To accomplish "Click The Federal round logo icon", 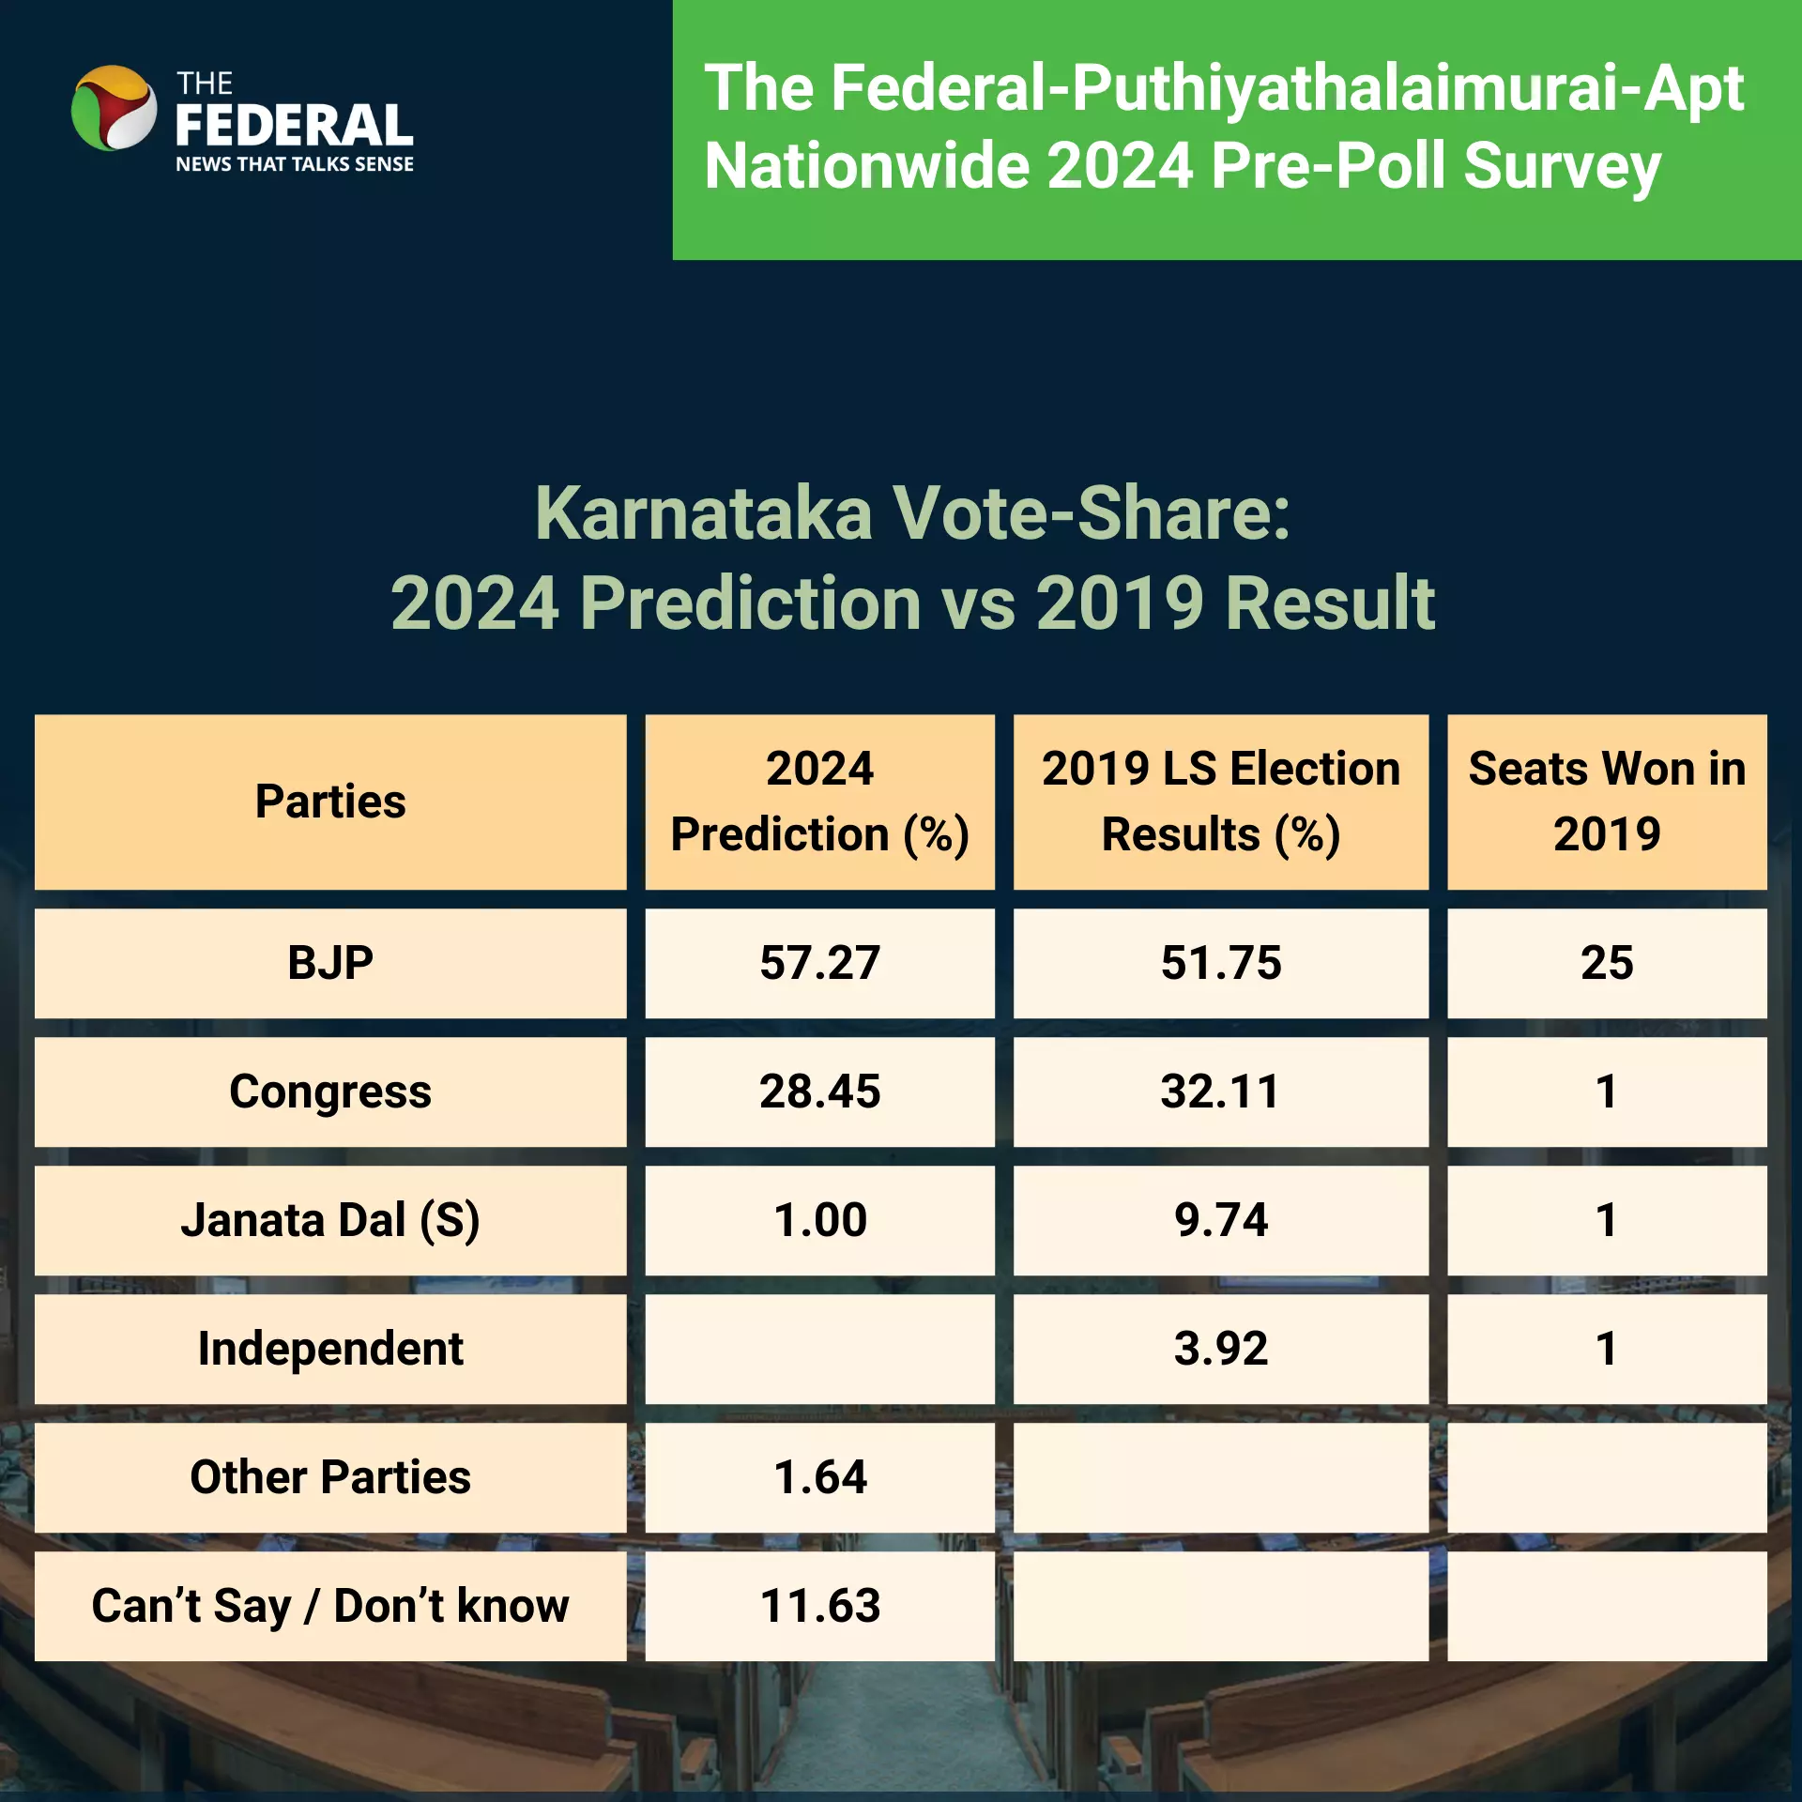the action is click(115, 108).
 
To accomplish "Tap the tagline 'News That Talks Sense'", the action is click(295, 164).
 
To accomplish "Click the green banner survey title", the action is click(1224, 127).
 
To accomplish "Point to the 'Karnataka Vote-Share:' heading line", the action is click(912, 513).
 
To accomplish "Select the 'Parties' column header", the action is click(330, 802).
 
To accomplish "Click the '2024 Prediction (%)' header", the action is click(819, 802).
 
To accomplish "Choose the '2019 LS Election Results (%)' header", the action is click(1220, 802).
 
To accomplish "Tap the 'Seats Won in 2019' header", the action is click(1607, 802).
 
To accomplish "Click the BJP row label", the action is click(330, 963).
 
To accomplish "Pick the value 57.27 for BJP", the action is click(819, 963).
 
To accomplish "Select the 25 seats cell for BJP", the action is click(1607, 963).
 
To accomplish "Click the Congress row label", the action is click(330, 1092).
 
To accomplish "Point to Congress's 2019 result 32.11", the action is click(1220, 1092).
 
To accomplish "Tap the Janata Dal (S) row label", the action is click(330, 1221).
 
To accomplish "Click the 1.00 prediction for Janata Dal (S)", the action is click(819, 1220).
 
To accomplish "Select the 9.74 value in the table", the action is click(1220, 1220).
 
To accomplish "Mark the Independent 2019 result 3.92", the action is click(1220, 1349).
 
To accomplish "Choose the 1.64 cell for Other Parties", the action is click(819, 1477).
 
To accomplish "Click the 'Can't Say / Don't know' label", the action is click(330, 1606).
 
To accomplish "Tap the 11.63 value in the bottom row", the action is click(819, 1606).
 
